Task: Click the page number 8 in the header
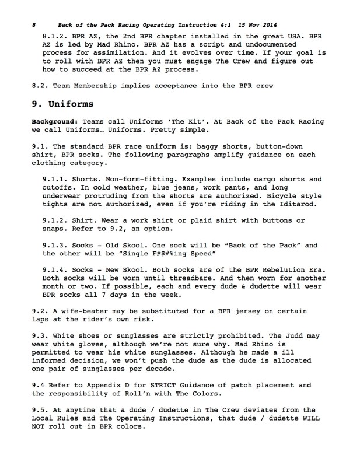(34, 26)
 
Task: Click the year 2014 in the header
(267, 26)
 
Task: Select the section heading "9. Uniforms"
(62, 104)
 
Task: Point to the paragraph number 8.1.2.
(56, 36)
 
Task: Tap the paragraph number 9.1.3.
(56, 245)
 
